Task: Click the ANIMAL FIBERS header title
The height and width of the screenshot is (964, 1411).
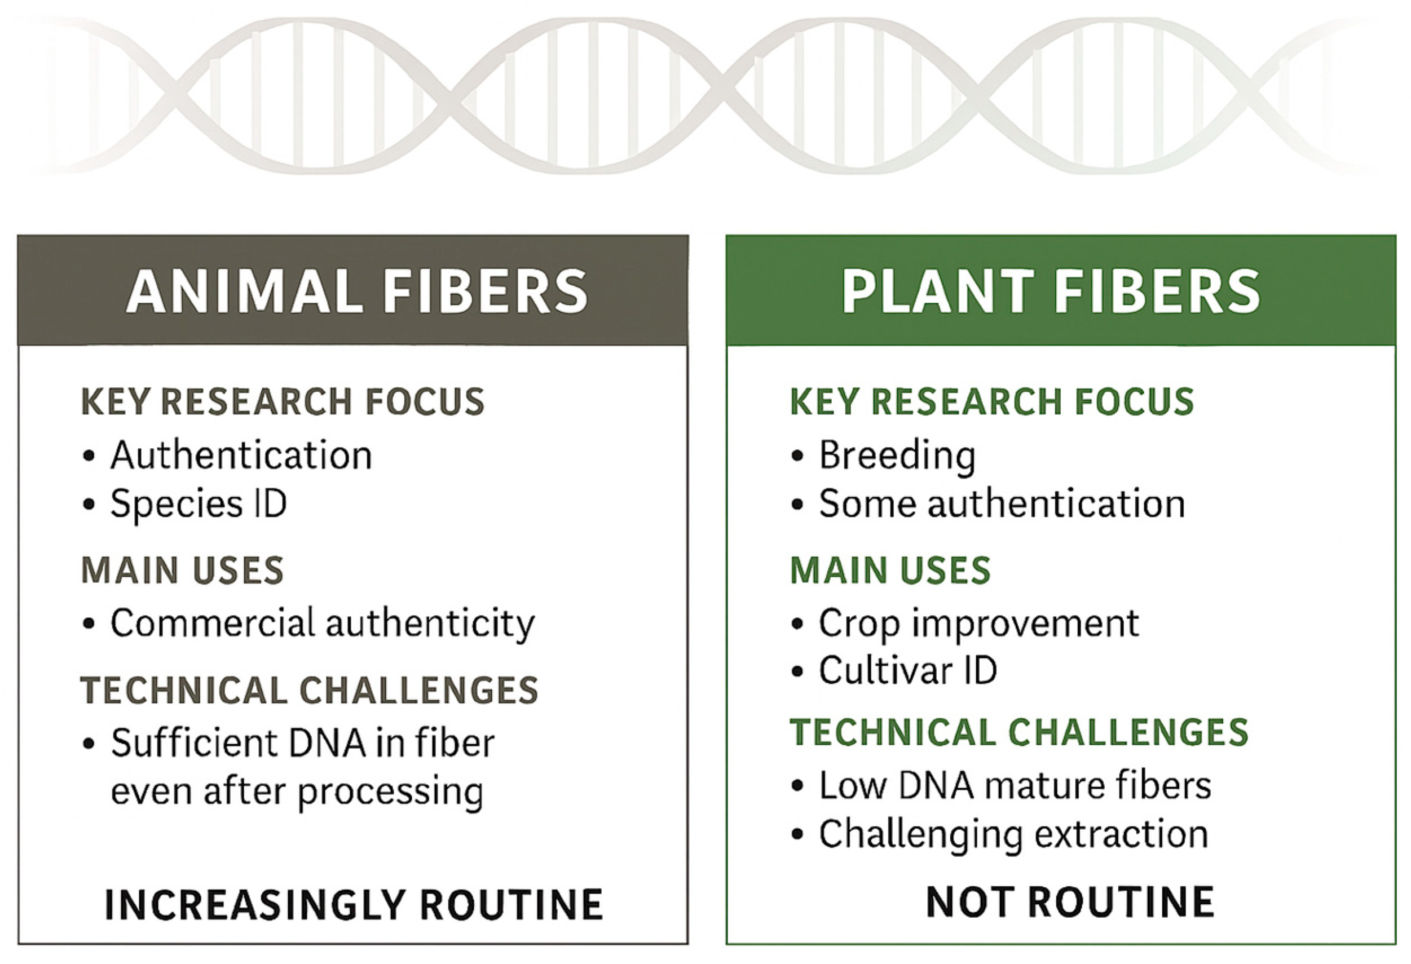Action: pos(357,292)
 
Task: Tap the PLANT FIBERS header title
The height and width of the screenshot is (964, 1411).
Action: pos(1051,292)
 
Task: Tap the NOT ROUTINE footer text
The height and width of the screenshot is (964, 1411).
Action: pos(1070,902)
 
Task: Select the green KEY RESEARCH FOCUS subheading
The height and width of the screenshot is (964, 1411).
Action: pos(992,402)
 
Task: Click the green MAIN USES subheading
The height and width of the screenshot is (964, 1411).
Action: pos(890,571)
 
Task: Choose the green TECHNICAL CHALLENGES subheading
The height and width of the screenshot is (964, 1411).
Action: pos(1019,732)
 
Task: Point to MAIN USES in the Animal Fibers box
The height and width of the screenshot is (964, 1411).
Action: pos(182,571)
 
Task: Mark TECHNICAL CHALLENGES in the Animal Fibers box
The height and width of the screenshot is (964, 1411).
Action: pos(310,691)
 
